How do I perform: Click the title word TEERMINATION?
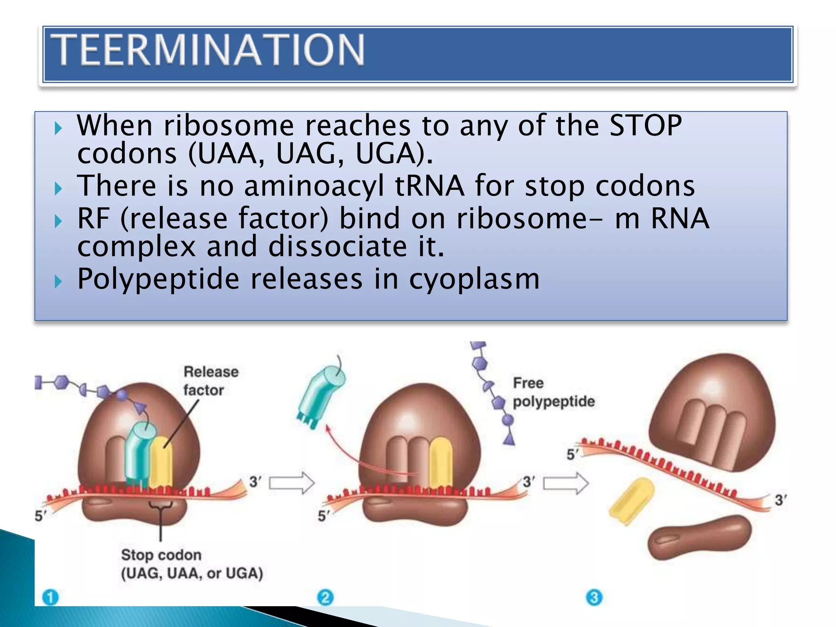click(209, 50)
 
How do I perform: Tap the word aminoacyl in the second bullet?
click(313, 186)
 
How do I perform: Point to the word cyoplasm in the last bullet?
click(474, 279)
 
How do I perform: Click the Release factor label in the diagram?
click(210, 380)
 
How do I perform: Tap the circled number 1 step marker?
click(51, 598)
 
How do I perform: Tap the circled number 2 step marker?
click(325, 598)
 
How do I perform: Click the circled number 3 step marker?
click(594, 598)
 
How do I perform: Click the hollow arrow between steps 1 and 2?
click(291, 483)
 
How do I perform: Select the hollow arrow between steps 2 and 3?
click(566, 483)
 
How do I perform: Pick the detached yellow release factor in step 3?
click(631, 501)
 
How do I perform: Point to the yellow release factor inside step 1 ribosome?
click(162, 461)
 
